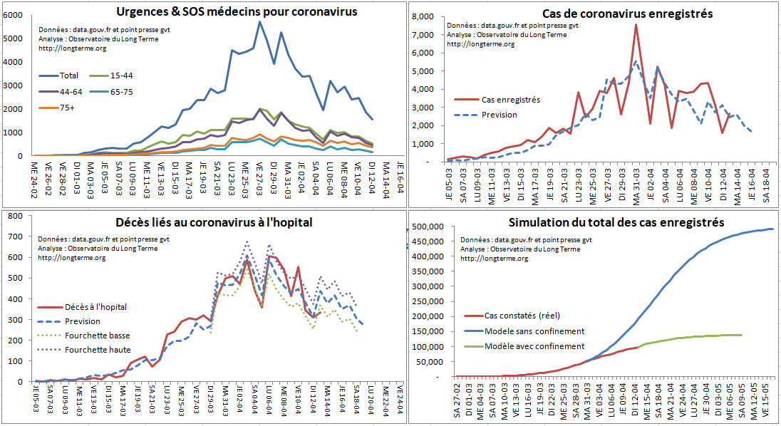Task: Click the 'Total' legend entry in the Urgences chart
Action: (69, 76)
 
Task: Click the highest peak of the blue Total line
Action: (260, 21)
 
